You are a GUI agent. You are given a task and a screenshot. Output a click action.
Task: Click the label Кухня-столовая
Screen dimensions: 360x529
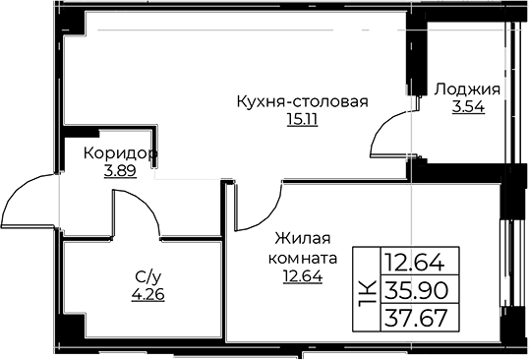click(300, 100)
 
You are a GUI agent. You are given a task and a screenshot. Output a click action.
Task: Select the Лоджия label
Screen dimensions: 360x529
click(467, 89)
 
